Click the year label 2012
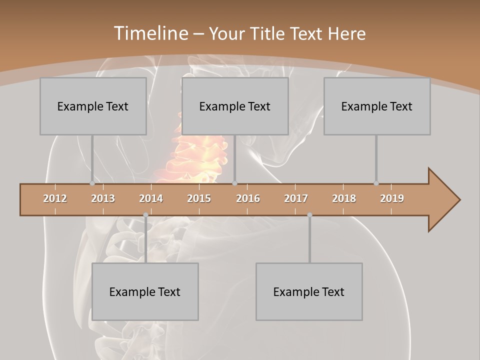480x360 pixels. click(55, 198)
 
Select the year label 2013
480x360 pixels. click(103, 198)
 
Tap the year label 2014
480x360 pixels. click(151, 198)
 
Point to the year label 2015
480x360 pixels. click(199, 198)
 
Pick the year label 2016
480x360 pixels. click(248, 198)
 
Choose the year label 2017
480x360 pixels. click(296, 198)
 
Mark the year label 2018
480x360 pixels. click(344, 198)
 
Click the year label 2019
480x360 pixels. click(392, 198)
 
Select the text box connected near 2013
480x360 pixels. click(93, 106)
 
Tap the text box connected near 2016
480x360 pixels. click(235, 106)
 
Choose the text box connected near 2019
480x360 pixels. click(377, 106)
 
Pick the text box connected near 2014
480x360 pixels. click(145, 291)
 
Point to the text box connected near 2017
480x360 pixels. click(309, 291)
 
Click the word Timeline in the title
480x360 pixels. click(149, 33)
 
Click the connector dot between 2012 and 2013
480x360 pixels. click(92, 183)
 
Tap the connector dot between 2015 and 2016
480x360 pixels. click(235, 183)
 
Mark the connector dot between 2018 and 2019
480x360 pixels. click(376, 183)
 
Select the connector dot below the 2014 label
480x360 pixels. click(145, 215)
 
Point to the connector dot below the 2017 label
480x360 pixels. click(309, 215)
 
